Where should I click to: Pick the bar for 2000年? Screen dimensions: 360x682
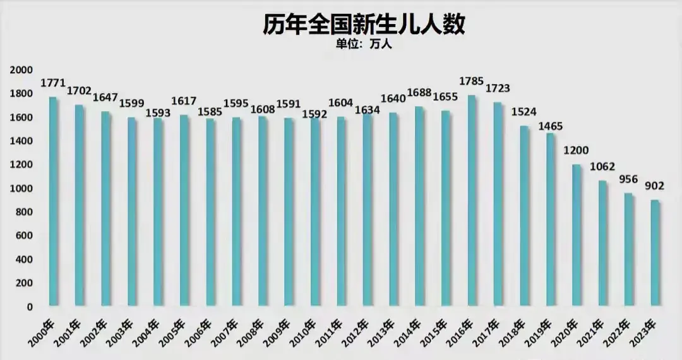click(53, 202)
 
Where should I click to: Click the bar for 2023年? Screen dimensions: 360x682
click(655, 253)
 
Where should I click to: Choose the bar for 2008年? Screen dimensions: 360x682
click(263, 212)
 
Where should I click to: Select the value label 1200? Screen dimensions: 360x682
click(576, 152)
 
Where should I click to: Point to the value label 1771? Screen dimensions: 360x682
click(53, 83)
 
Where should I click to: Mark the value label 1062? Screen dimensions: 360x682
click(602, 167)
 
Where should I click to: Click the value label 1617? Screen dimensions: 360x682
click(184, 101)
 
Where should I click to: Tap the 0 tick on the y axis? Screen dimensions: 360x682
click(29, 307)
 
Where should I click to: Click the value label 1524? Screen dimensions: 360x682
click(523, 112)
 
